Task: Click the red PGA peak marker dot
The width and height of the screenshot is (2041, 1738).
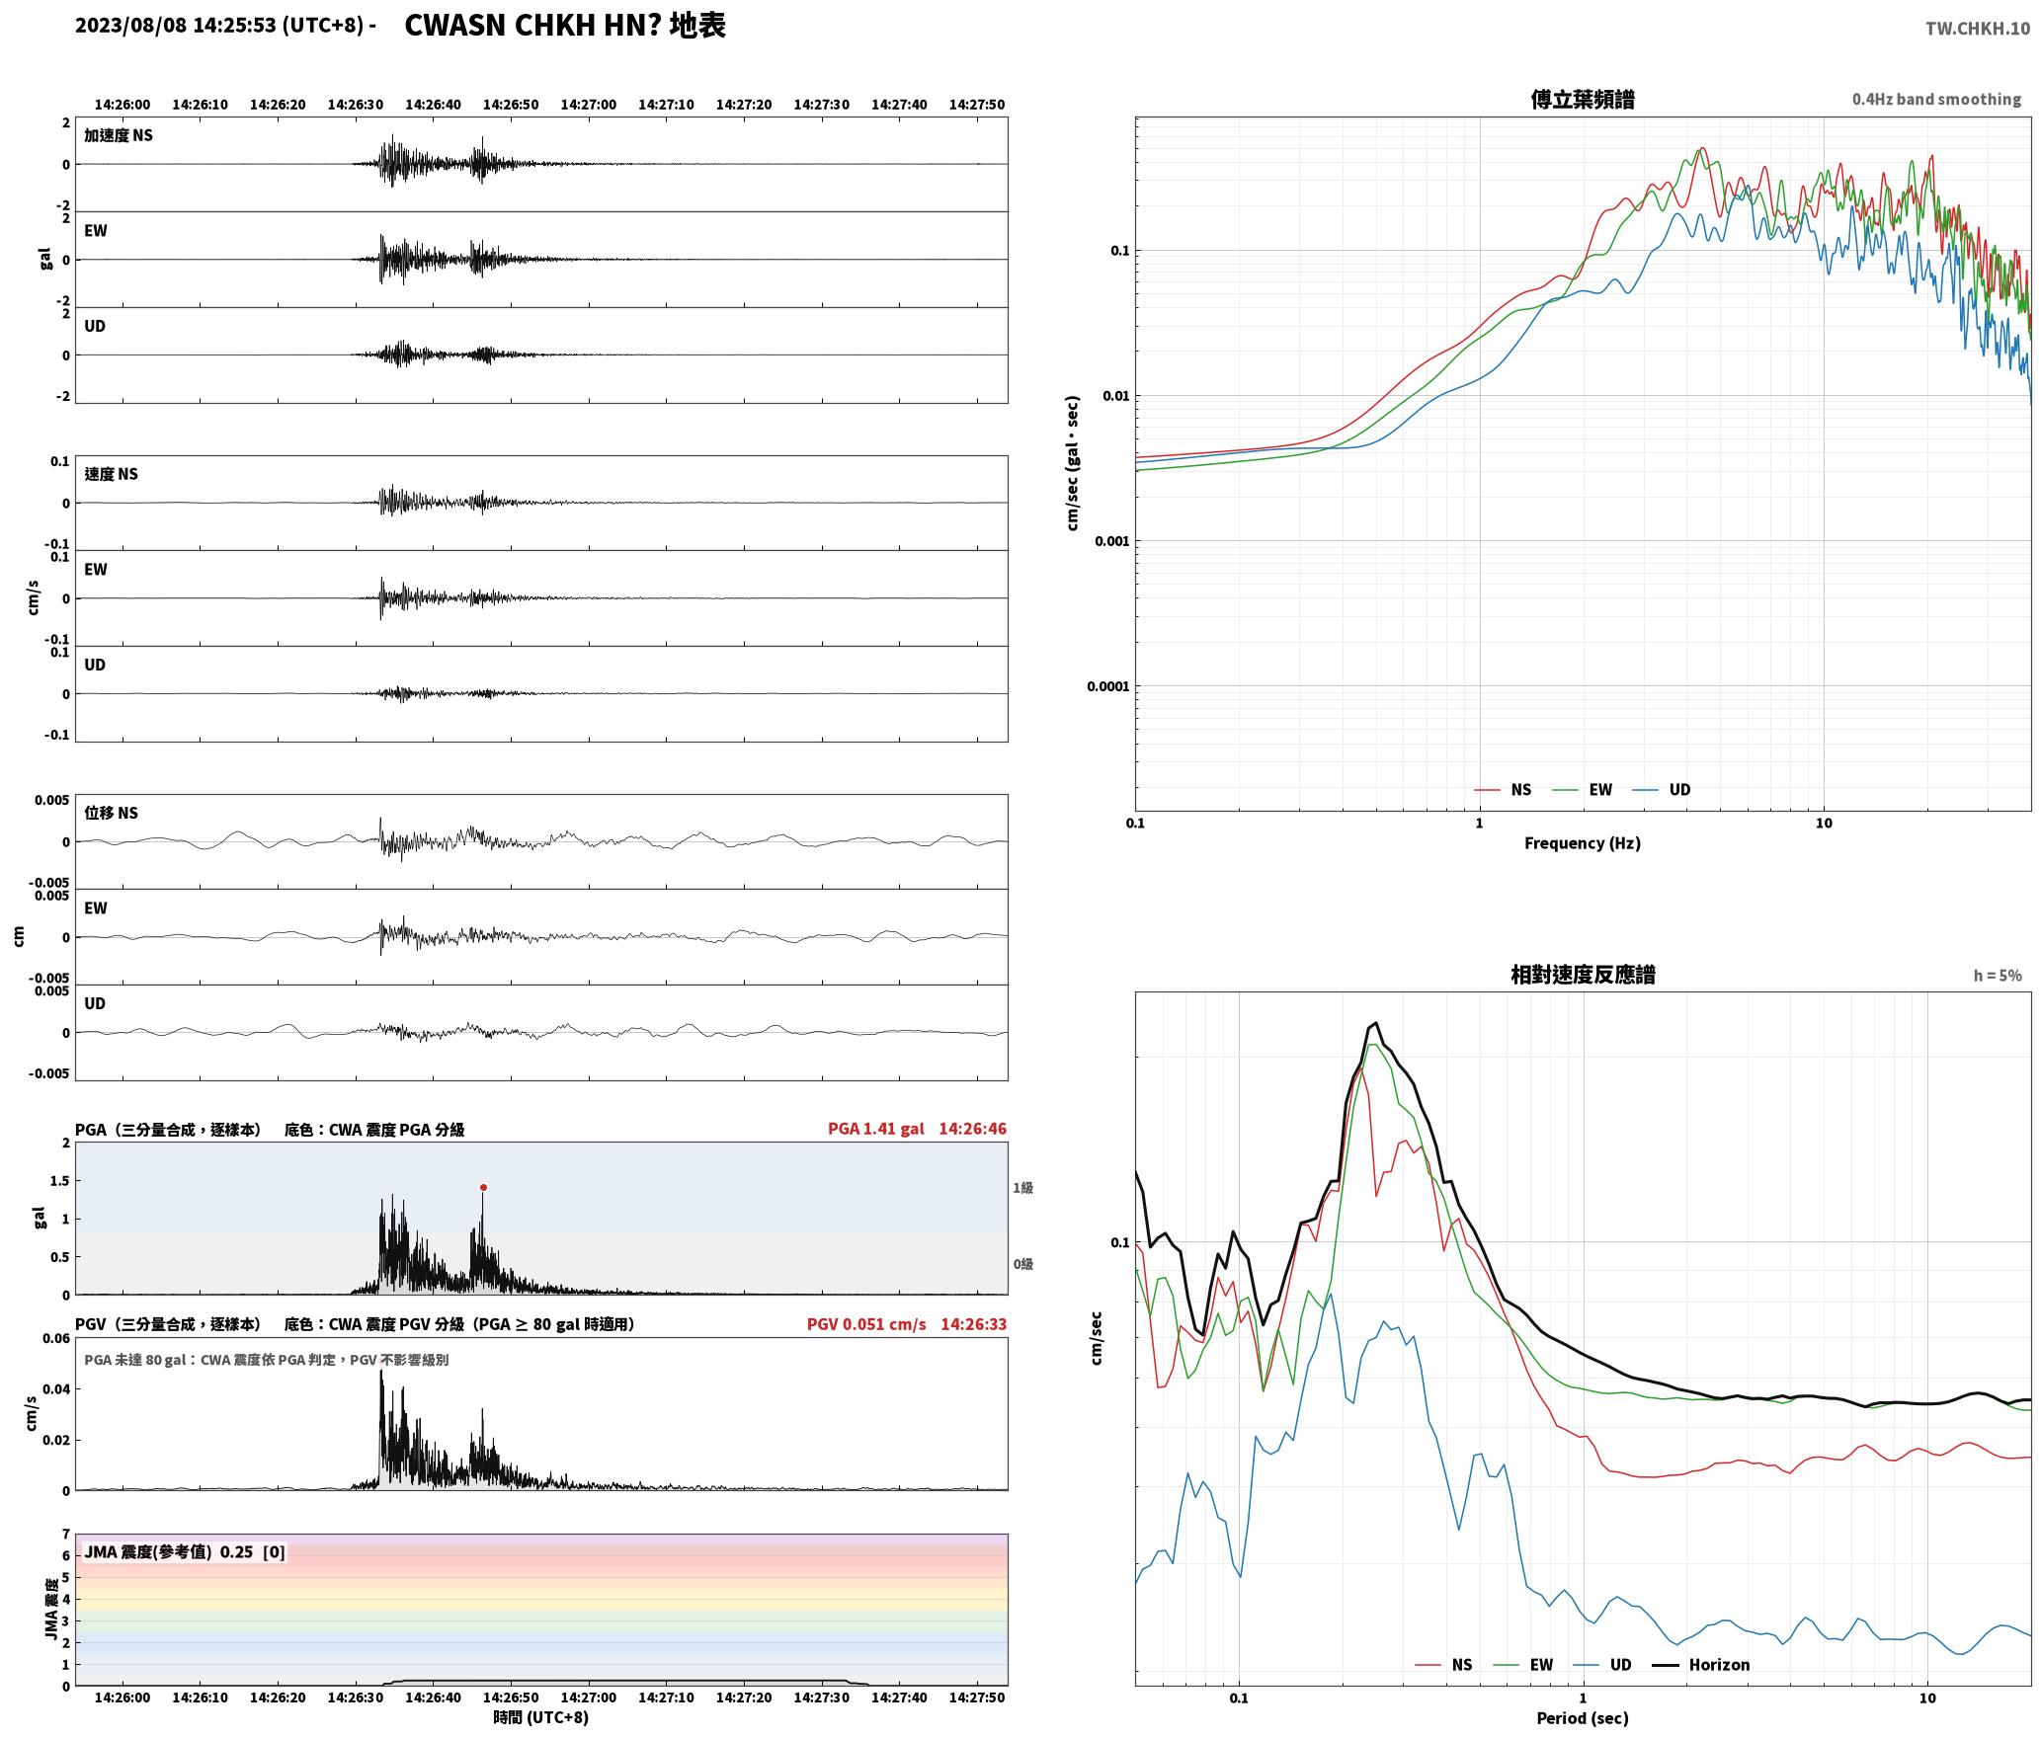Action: click(483, 1187)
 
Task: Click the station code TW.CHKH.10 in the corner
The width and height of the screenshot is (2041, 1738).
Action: click(1978, 29)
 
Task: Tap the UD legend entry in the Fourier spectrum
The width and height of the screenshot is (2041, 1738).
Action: click(1662, 789)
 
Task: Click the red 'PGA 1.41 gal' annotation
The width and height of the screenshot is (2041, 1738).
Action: click(875, 1128)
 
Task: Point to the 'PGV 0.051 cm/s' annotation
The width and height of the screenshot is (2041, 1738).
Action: click(866, 1323)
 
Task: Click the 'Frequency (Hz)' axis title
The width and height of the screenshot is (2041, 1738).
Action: click(1582, 842)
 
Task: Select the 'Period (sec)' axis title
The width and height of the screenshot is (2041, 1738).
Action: click(1582, 1717)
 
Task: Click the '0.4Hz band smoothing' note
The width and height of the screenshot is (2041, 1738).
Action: click(1936, 99)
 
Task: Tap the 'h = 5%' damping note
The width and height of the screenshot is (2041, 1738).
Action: click(1998, 975)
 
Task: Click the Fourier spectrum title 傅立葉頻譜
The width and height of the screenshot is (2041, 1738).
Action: click(1582, 99)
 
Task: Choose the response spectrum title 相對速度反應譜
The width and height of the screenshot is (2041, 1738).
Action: click(1583, 974)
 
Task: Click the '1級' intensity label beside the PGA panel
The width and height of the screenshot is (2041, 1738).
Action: click(1022, 1187)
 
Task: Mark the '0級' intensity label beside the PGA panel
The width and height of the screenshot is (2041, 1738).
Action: click(1022, 1263)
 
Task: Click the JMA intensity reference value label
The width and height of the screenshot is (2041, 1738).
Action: click(185, 1551)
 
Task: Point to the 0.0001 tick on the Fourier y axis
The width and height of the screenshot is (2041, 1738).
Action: click(1107, 686)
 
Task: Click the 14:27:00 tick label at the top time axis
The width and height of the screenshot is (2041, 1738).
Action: click(588, 104)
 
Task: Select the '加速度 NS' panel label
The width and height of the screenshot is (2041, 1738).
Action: click(119, 135)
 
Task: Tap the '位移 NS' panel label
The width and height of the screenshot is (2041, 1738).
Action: click(111, 813)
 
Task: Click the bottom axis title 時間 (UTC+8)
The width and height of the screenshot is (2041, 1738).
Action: click(541, 1717)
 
